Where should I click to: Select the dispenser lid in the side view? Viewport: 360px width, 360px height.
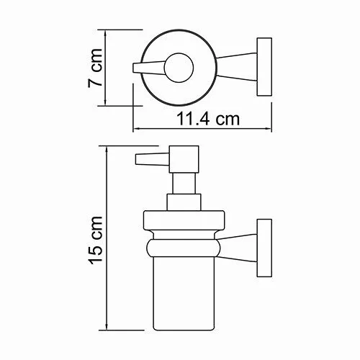(184, 222)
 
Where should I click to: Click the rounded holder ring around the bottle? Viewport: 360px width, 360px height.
(184, 248)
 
